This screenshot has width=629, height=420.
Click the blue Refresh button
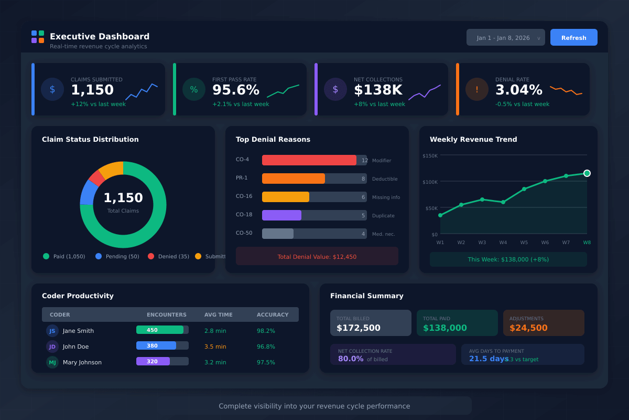point(573,37)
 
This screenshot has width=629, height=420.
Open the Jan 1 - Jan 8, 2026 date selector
point(505,37)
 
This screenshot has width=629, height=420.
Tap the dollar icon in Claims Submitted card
point(52,89)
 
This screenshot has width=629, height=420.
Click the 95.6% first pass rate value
point(235,90)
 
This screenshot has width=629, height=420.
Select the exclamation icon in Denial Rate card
point(477,89)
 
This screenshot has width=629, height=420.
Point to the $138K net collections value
point(378,90)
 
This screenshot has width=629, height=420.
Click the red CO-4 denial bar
point(309,160)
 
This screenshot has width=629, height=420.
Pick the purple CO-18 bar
point(281,215)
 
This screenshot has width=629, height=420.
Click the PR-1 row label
point(242,178)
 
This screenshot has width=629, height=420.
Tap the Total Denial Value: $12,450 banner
point(317,256)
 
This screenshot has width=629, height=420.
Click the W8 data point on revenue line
point(587,173)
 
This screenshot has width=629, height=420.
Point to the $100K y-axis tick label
point(430,182)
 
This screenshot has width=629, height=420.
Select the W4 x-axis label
point(503,243)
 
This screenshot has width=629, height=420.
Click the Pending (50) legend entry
point(117,256)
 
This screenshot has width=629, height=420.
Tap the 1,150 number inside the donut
point(123,198)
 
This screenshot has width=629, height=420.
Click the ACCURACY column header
point(273,314)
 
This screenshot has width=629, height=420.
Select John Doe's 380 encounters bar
point(156,345)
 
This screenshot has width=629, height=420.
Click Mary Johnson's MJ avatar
point(52,362)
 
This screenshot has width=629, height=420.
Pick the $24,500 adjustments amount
point(528,328)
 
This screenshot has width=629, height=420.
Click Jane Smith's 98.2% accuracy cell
point(266,331)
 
